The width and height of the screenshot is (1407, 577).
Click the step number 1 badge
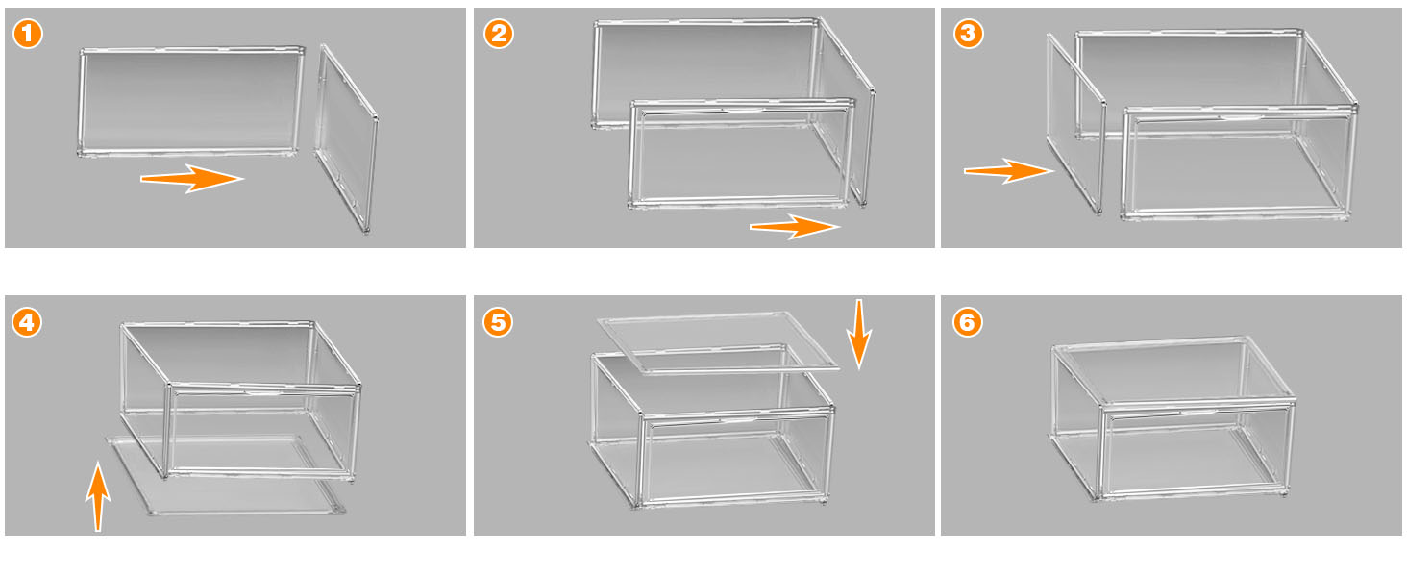point(28,35)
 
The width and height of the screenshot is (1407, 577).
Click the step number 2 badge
point(498,35)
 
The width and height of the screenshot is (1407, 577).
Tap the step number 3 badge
point(967,35)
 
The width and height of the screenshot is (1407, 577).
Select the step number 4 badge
point(28,322)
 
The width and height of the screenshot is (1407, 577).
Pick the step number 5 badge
point(498,322)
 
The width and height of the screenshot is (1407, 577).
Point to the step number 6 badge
point(967,322)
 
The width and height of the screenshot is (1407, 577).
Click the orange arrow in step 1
point(192,178)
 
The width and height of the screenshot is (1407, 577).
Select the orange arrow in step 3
point(1008,170)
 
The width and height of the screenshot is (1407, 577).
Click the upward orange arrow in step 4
point(97,494)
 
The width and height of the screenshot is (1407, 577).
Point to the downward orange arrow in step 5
point(859,333)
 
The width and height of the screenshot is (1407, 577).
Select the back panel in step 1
point(188,100)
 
